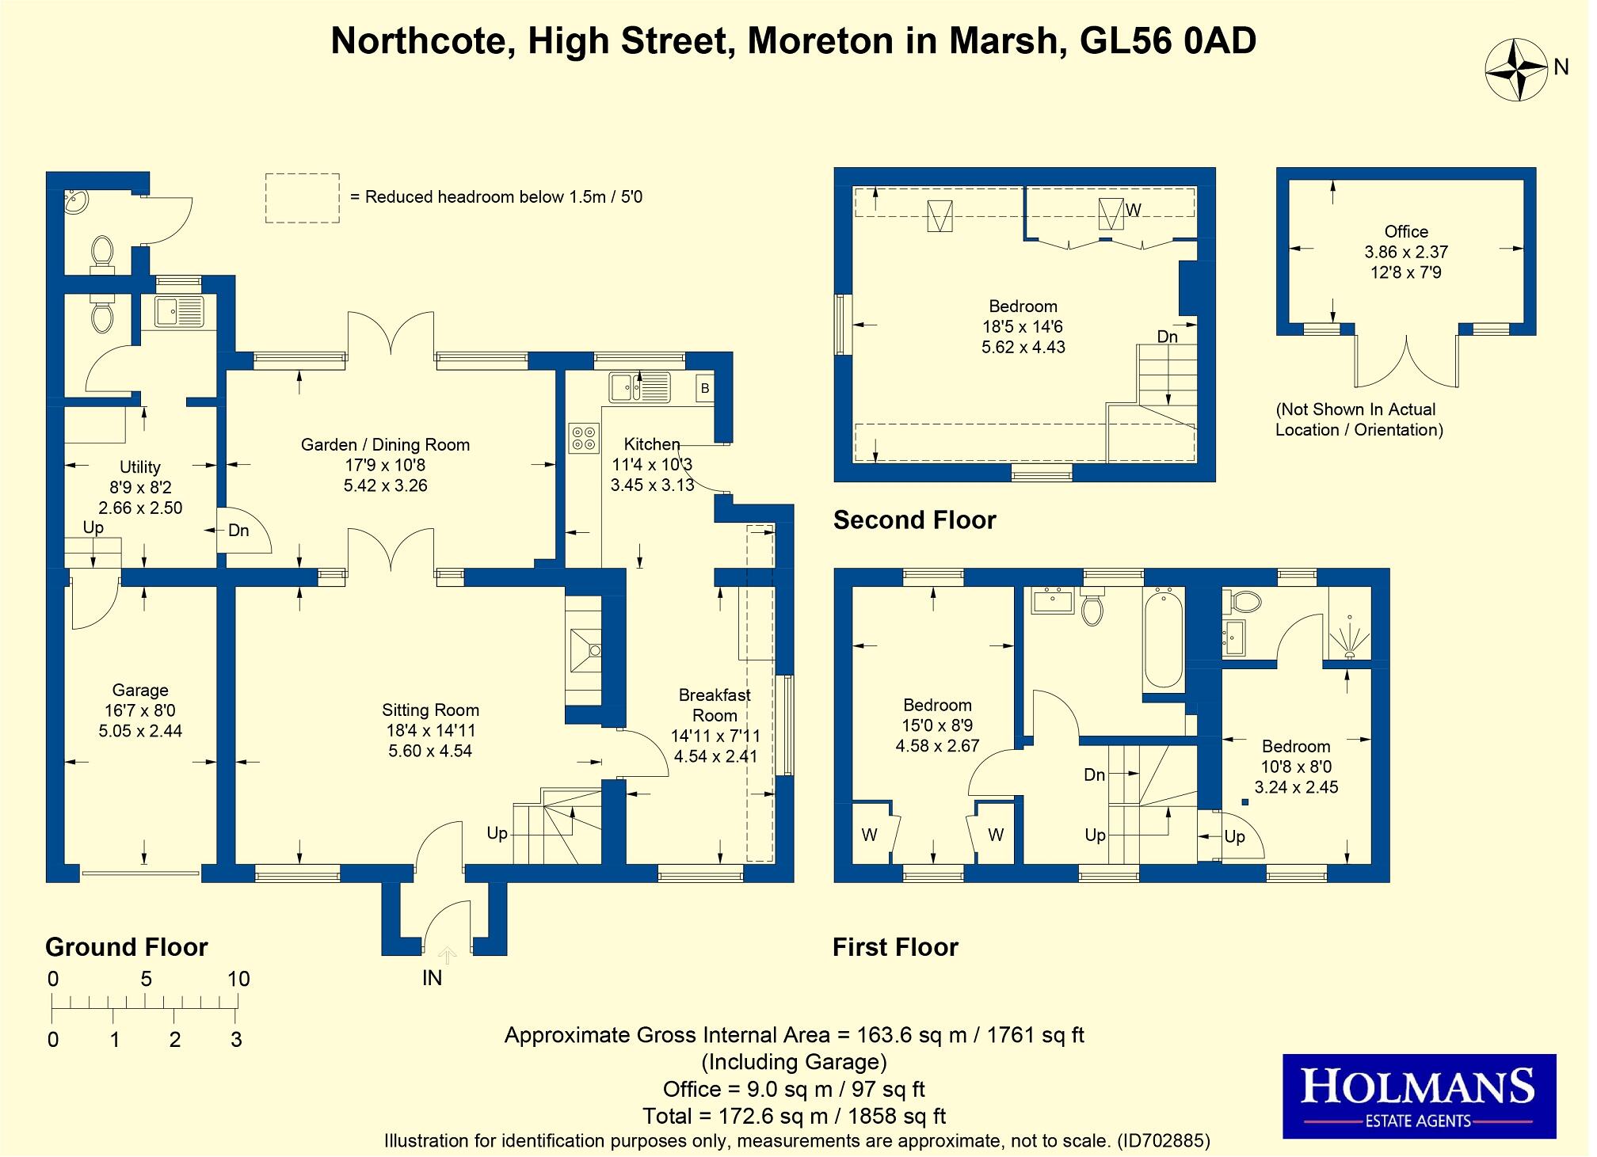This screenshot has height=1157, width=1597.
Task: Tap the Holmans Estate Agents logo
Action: tap(1419, 1096)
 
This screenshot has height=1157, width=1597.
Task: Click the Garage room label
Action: tap(139, 691)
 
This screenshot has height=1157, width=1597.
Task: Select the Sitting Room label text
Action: tap(430, 710)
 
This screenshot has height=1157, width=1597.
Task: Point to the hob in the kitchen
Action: tap(584, 438)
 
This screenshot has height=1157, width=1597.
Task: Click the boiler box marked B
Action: tap(703, 389)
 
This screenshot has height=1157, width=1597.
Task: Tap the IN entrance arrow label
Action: tap(433, 978)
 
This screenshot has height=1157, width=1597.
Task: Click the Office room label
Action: tap(1406, 232)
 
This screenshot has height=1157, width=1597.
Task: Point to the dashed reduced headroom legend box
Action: tap(302, 198)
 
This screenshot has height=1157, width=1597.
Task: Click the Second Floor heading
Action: tap(914, 520)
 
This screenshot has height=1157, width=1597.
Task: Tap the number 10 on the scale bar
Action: tap(238, 980)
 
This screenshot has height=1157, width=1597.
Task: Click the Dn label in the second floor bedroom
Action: tap(1167, 337)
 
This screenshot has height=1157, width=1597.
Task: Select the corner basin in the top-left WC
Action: tap(76, 202)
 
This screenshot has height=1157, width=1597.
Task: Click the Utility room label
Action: tap(139, 467)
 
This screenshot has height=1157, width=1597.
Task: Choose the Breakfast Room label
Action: tap(715, 705)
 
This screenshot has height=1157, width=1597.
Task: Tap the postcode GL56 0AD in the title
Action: tap(1168, 41)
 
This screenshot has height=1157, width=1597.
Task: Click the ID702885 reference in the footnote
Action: tap(1163, 1141)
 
